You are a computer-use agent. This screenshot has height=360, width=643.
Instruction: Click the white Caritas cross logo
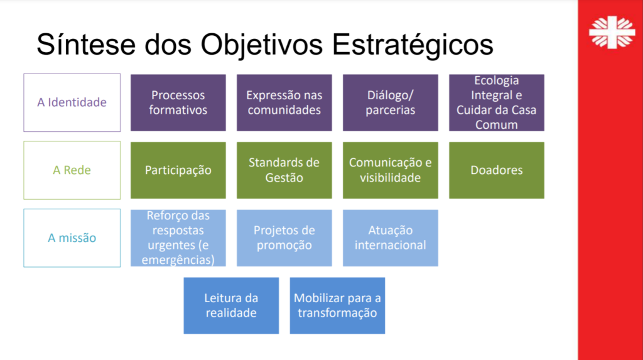coord(612,33)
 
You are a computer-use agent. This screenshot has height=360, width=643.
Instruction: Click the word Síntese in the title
coord(86,44)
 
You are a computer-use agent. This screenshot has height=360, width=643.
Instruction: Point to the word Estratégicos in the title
coord(412,45)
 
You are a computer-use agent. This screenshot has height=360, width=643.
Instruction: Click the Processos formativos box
coord(178,102)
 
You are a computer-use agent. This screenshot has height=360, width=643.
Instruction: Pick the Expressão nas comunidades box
coord(284,102)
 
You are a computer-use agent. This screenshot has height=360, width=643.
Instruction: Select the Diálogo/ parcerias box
coord(391,102)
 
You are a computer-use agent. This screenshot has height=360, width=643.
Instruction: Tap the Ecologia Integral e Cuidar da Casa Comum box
coord(497,102)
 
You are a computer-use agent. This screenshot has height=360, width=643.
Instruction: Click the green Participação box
coord(178,170)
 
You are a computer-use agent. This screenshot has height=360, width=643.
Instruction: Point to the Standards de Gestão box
coord(284,170)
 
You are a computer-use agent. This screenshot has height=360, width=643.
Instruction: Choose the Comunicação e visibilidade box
coord(391,170)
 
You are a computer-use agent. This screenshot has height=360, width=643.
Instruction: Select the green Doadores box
coord(497,170)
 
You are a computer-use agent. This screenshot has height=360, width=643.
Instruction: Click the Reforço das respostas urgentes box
coord(178,238)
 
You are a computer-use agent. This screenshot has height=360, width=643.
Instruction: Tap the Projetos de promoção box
coord(284,238)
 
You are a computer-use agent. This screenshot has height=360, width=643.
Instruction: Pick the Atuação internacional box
coord(391,238)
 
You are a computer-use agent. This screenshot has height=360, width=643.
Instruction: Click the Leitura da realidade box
coord(231,306)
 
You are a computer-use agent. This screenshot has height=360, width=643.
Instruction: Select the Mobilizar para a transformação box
coord(337,306)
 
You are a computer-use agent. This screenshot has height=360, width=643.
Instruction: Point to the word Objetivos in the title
coord(262,45)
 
